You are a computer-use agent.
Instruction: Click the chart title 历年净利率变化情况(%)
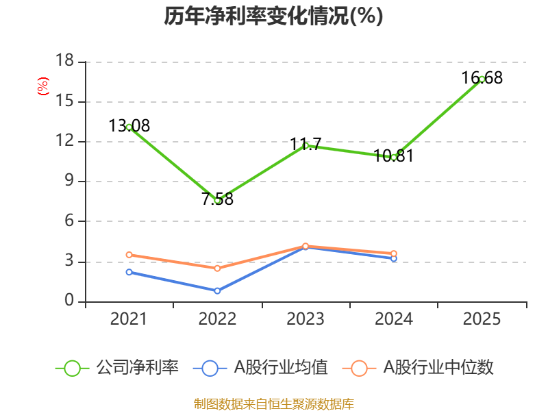pos(273,16)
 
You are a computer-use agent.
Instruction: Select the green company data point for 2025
pos(482,79)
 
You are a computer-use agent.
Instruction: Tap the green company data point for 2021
pos(129,127)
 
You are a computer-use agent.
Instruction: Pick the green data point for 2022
pos(217,200)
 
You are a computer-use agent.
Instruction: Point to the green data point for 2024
pos(394,158)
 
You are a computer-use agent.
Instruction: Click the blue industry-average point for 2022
pos(217,291)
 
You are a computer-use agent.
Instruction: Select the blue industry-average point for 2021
pos(129,272)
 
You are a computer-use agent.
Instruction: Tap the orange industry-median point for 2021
pos(129,255)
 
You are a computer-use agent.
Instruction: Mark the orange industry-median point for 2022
pos(217,269)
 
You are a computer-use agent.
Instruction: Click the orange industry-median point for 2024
pos(394,253)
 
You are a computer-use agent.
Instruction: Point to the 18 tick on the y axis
pos(64,62)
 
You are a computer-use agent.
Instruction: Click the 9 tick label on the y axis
pos(69,182)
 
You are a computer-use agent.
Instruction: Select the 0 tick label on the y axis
pos(69,301)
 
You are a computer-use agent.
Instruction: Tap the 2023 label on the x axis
pos(306,319)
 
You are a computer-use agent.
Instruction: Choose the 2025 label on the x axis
pos(482,319)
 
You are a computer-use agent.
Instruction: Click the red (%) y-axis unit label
pos(43,87)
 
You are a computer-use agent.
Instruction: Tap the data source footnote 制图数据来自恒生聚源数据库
pos(273,403)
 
